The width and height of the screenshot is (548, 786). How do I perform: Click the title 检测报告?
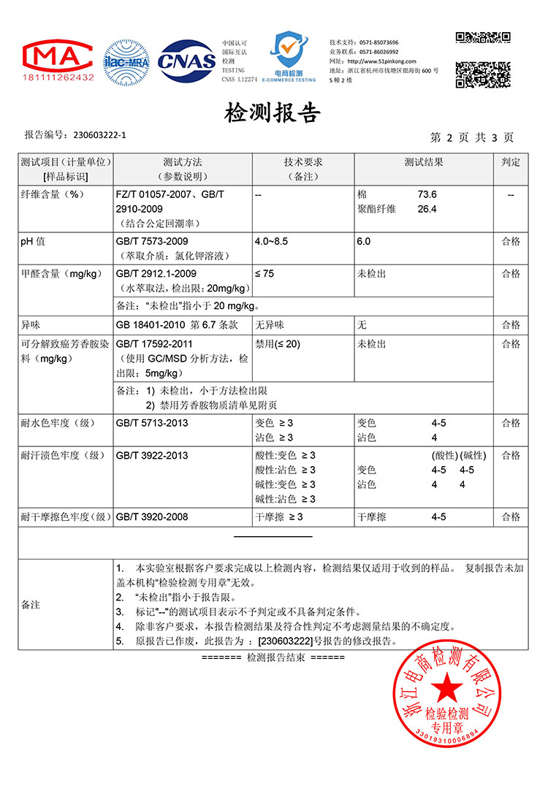pyautogui.click(x=273, y=112)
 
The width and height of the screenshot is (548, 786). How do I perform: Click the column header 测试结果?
pyautogui.click(x=424, y=162)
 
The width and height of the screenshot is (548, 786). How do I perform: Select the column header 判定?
pyautogui.click(x=511, y=162)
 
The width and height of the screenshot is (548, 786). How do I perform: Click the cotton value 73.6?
pyautogui.click(x=427, y=195)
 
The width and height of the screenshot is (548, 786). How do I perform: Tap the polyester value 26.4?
pyautogui.click(x=427, y=209)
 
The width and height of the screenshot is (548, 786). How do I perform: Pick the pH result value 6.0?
pyautogui.click(x=364, y=241)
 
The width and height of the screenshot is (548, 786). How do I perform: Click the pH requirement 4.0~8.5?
pyautogui.click(x=272, y=241)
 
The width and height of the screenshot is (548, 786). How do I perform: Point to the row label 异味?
pyautogui.click(x=33, y=324)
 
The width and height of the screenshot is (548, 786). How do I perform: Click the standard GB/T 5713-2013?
pyautogui.click(x=152, y=423)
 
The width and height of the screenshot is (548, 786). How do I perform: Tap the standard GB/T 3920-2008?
pyautogui.click(x=152, y=516)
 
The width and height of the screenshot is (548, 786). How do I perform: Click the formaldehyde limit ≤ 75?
pyautogui.click(x=265, y=273)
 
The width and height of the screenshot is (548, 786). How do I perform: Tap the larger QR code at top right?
pyautogui.click(x=483, y=75)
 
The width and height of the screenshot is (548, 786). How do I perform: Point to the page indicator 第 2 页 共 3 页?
pyautogui.click(x=472, y=137)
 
